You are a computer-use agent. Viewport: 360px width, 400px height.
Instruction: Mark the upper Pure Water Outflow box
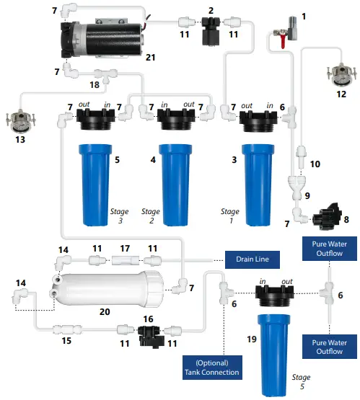[330, 249]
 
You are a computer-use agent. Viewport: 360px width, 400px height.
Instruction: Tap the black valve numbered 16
[149, 332]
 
